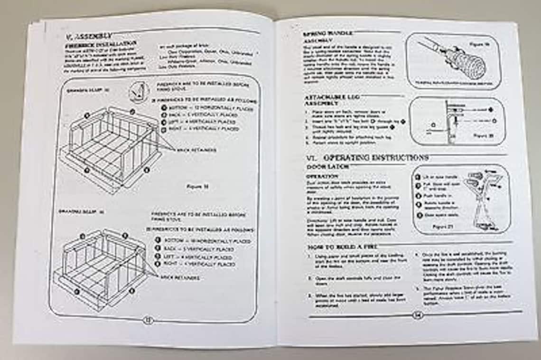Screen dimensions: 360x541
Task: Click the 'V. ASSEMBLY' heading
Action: (x=89, y=36)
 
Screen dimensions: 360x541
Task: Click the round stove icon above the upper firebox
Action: (x=139, y=92)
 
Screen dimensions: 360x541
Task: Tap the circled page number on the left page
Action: (x=148, y=320)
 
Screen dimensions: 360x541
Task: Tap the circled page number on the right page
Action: (x=417, y=315)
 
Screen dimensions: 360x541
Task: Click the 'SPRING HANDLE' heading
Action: (x=327, y=34)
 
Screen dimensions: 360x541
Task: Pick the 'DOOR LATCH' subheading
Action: (x=328, y=167)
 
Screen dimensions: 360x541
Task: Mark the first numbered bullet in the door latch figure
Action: (x=418, y=177)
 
